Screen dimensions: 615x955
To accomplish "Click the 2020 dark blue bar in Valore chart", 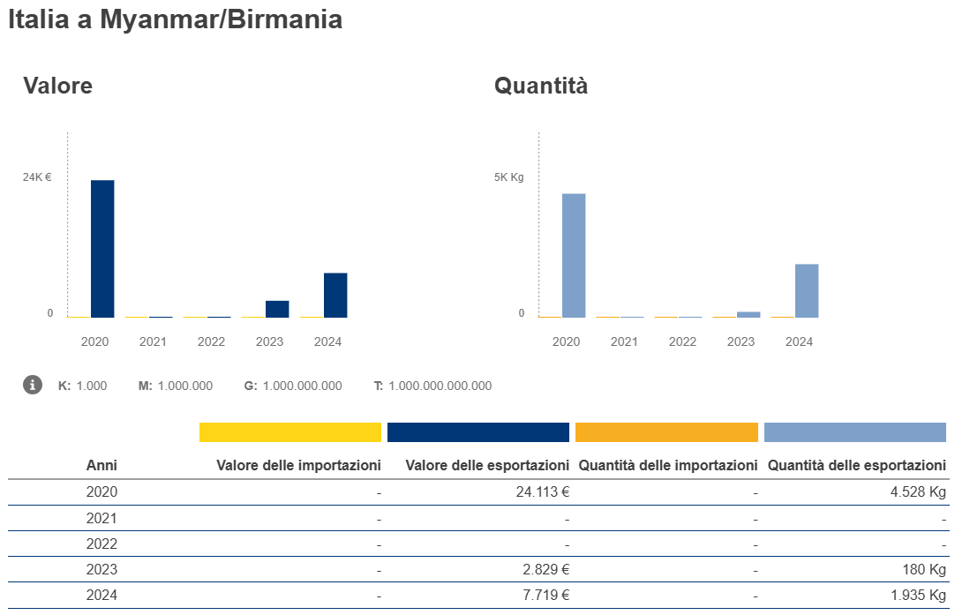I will pyautogui.click(x=102, y=248).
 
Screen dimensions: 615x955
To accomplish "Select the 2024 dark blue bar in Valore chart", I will pyautogui.click(x=335, y=295).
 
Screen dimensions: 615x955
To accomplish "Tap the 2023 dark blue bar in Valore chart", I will pyautogui.click(x=277, y=309).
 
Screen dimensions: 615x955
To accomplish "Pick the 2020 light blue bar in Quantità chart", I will pyautogui.click(x=574, y=255).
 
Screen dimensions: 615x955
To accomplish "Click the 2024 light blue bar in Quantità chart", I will pyautogui.click(x=807, y=290).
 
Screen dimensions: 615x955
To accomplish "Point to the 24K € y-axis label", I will pyautogui.click(x=37, y=177).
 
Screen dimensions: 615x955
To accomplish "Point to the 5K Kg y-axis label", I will pyautogui.click(x=508, y=177).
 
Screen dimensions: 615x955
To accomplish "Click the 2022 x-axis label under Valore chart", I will pyautogui.click(x=211, y=341).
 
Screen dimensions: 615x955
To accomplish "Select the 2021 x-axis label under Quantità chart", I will pyautogui.click(x=624, y=341).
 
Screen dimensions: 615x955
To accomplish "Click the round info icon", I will pyautogui.click(x=33, y=385).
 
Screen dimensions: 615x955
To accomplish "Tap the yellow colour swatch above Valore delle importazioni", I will pyautogui.click(x=290, y=432).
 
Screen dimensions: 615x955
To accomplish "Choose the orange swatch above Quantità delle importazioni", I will pyautogui.click(x=666, y=432).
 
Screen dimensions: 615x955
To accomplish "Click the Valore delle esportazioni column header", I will pyautogui.click(x=487, y=465).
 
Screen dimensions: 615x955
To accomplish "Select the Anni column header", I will pyautogui.click(x=102, y=465).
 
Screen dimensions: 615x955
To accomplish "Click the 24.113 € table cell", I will pyautogui.click(x=543, y=492).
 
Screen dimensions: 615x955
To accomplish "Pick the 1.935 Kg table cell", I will pyautogui.click(x=919, y=596).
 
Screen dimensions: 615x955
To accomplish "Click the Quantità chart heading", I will pyautogui.click(x=541, y=86).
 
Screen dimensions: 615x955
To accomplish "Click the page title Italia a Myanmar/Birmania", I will pyautogui.click(x=175, y=20).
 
